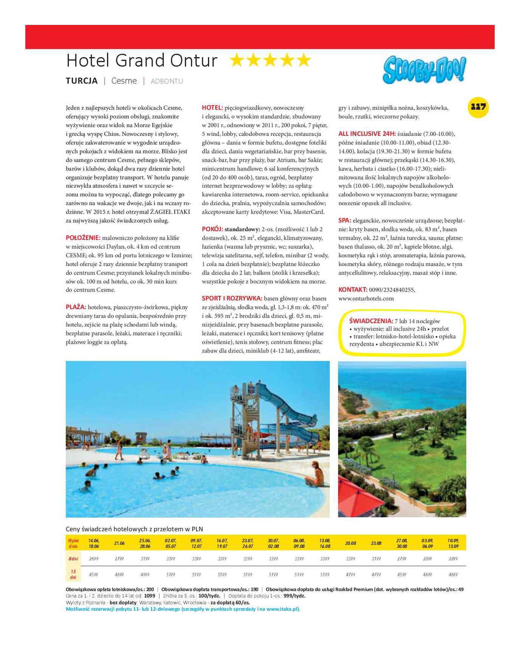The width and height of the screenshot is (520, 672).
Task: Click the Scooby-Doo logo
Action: pyautogui.click(x=424, y=70)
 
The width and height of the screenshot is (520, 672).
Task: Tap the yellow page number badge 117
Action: pyautogui.click(x=478, y=107)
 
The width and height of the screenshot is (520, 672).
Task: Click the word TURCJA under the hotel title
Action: pyautogui.click(x=81, y=81)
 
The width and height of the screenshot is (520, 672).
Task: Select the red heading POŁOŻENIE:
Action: pyautogui.click(x=83, y=238)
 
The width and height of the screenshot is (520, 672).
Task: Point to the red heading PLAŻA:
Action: pyautogui.click(x=76, y=307)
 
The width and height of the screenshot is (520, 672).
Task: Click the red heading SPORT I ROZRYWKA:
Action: pyautogui.click(x=232, y=298)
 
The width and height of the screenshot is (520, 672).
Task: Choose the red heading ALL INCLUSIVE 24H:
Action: pyautogui.click(x=367, y=134)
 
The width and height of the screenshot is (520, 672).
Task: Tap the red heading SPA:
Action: pyautogui.click(x=344, y=220)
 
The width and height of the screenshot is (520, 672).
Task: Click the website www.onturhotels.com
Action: pyautogui.click(x=366, y=298)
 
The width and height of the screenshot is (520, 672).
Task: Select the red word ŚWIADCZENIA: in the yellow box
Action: pyautogui.click(x=371, y=321)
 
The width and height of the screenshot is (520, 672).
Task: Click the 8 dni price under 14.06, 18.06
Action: pyautogui.click(x=94, y=559)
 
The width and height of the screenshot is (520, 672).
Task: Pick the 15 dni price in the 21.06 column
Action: pyautogui.click(x=119, y=574)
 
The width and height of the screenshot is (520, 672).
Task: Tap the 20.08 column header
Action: pyautogui.click(x=350, y=543)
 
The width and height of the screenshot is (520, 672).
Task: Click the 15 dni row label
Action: pyautogui.click(x=73, y=574)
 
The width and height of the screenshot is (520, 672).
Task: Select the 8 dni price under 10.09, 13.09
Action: pyautogui.click(x=453, y=559)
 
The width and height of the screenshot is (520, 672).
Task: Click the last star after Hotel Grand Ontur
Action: pyautogui.click(x=303, y=61)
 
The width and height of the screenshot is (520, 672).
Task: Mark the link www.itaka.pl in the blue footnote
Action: pyautogui.click(x=283, y=609)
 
